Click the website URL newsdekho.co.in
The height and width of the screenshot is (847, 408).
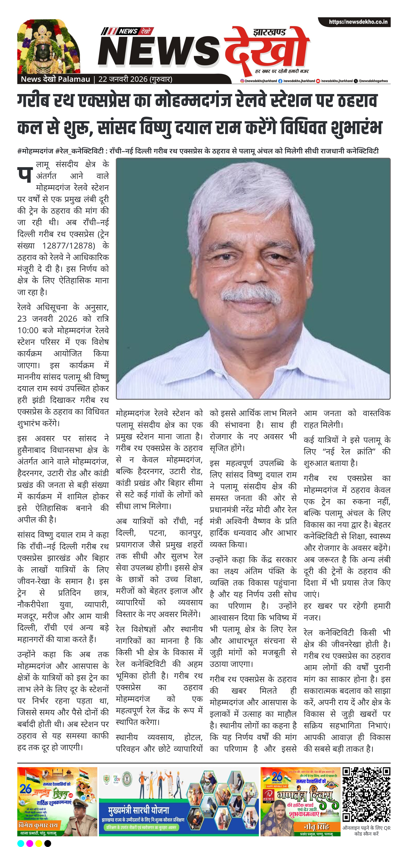pos(358,22)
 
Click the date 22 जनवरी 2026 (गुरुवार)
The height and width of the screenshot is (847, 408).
pos(135,79)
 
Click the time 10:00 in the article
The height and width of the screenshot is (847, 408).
pos(28,330)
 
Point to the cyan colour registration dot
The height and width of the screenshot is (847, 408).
pos(20,843)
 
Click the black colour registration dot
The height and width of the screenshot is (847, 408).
pos(48,843)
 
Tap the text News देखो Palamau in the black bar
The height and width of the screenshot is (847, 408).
pos(55,79)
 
